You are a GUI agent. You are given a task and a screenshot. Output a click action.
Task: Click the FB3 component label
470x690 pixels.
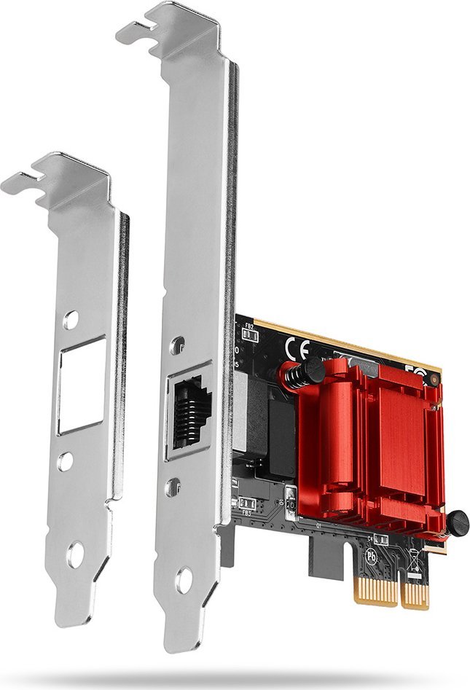[x=247, y=513]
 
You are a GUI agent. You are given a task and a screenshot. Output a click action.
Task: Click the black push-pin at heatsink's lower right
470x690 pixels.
[x=456, y=522]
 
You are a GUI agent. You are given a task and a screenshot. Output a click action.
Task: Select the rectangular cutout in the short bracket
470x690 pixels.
[x=82, y=385]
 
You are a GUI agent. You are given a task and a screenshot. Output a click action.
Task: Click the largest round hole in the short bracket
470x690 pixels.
[x=75, y=555]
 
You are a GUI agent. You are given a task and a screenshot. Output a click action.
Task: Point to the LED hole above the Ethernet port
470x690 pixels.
[x=177, y=347]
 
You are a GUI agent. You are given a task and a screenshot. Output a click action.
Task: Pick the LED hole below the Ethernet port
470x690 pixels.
[x=173, y=486]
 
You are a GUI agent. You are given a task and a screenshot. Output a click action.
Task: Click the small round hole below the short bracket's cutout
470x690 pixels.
[x=66, y=460]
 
